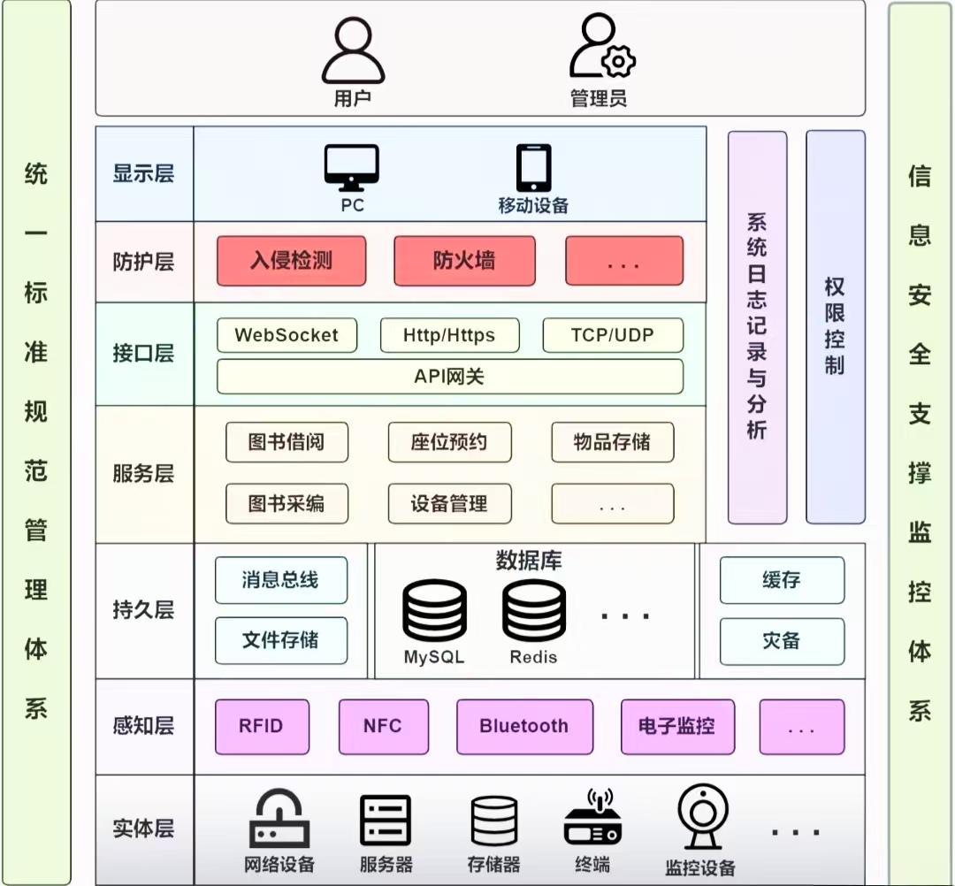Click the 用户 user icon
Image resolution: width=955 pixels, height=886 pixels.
[x=353, y=51]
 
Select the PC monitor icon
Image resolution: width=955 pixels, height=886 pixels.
[x=352, y=168]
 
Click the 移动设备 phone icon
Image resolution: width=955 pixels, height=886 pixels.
[x=533, y=168]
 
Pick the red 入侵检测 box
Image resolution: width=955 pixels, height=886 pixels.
[x=291, y=261]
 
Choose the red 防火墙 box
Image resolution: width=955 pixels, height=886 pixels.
[x=464, y=261]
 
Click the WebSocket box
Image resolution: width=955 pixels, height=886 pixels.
[x=286, y=336]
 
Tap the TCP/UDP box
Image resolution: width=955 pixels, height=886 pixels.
[x=613, y=336]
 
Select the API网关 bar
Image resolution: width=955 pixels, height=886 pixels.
[x=450, y=377]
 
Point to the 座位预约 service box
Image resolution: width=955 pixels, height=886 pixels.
[x=449, y=442]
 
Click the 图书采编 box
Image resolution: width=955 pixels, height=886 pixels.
[x=286, y=504]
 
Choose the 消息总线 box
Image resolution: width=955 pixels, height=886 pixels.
[x=281, y=580]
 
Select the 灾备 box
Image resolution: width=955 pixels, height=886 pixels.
[x=782, y=641]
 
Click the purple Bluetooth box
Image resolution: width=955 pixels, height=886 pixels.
[x=524, y=727]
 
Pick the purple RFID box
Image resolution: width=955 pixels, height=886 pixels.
[x=262, y=727]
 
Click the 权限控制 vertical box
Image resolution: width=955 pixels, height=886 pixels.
[x=835, y=327]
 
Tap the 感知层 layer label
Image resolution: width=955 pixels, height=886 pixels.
[x=144, y=727]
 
